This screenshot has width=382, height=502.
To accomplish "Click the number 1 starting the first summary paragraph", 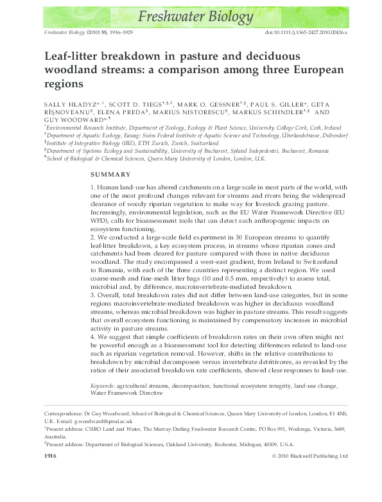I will (92, 186).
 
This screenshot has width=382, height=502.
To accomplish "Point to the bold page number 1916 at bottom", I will (51, 456).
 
